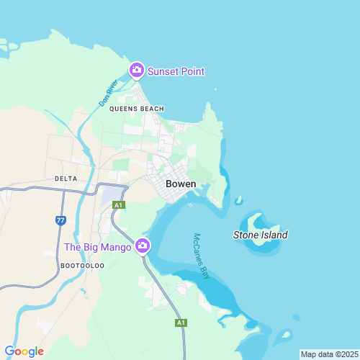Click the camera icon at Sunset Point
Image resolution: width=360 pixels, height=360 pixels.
(x=136, y=70)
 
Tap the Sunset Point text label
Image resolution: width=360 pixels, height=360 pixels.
(x=176, y=71)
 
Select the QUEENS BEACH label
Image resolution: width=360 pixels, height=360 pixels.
(x=137, y=109)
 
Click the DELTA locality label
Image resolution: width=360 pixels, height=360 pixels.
(x=66, y=178)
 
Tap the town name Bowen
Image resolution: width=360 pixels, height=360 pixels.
(x=181, y=184)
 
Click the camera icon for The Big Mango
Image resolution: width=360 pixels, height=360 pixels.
(x=143, y=246)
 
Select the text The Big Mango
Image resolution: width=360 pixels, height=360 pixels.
(x=98, y=247)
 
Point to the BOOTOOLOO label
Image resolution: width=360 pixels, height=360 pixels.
(x=83, y=266)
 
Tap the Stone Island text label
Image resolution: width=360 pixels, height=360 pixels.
(x=261, y=235)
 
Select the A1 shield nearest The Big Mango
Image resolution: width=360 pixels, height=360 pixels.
(x=119, y=205)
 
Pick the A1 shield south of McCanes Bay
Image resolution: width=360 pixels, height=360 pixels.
(x=181, y=323)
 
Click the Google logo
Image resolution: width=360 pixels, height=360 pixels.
(x=24, y=351)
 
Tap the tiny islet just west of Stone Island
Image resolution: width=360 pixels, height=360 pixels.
(x=238, y=201)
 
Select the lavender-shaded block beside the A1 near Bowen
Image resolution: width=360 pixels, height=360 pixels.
(x=112, y=194)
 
